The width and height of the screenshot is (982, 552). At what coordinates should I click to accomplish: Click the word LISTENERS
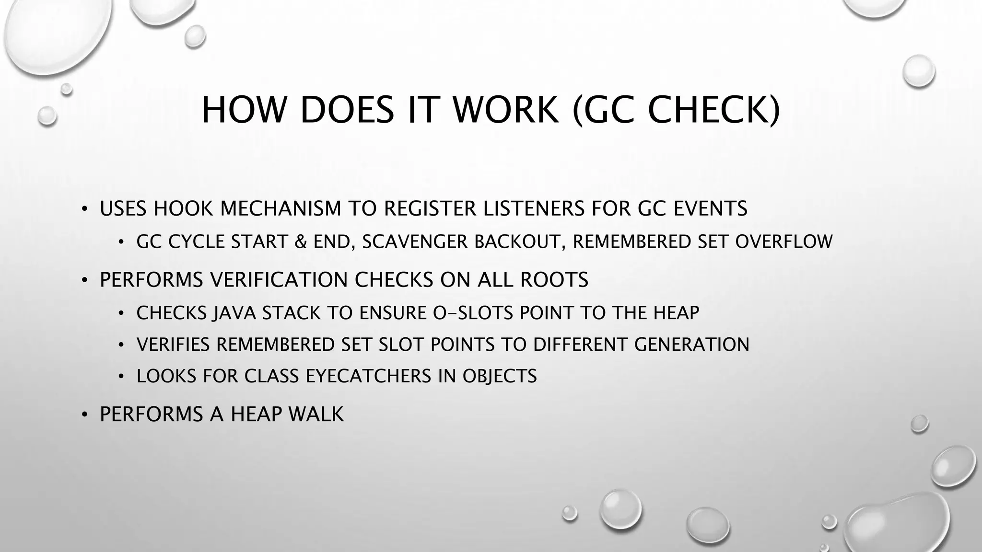(534, 208)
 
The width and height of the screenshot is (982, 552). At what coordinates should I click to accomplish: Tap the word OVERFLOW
(784, 241)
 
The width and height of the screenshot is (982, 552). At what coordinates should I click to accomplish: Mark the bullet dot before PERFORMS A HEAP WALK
(84, 414)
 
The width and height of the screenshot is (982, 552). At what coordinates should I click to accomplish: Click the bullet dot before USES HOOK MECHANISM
(84, 209)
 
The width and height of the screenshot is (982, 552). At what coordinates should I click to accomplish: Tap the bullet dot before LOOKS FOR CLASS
(121, 377)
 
